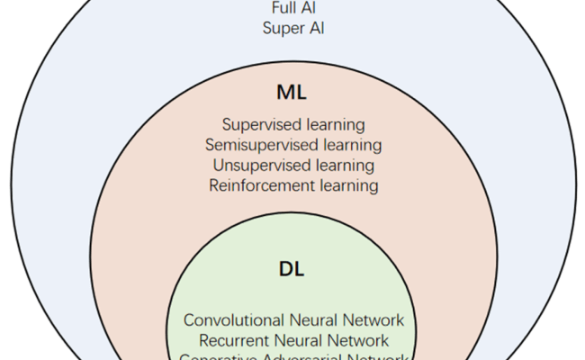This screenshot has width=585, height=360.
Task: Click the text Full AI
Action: tap(293, 8)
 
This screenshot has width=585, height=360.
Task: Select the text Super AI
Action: tap(293, 28)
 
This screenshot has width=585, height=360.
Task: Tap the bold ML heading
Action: tap(293, 92)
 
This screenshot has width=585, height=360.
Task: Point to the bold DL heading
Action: tap(293, 269)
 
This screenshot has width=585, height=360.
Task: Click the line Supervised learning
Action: tap(293, 125)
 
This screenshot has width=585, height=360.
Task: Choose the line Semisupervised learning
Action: tap(293, 145)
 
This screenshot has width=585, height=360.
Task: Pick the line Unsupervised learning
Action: tap(293, 166)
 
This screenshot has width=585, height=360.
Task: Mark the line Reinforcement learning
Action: tap(293, 186)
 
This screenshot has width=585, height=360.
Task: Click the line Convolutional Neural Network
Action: tap(293, 320)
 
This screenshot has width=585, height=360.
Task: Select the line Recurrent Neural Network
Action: tap(293, 341)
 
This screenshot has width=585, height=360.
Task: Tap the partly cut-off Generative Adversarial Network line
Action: tap(293, 356)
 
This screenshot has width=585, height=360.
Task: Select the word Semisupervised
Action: tap(259, 145)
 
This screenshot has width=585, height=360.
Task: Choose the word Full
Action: tap(282, 8)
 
